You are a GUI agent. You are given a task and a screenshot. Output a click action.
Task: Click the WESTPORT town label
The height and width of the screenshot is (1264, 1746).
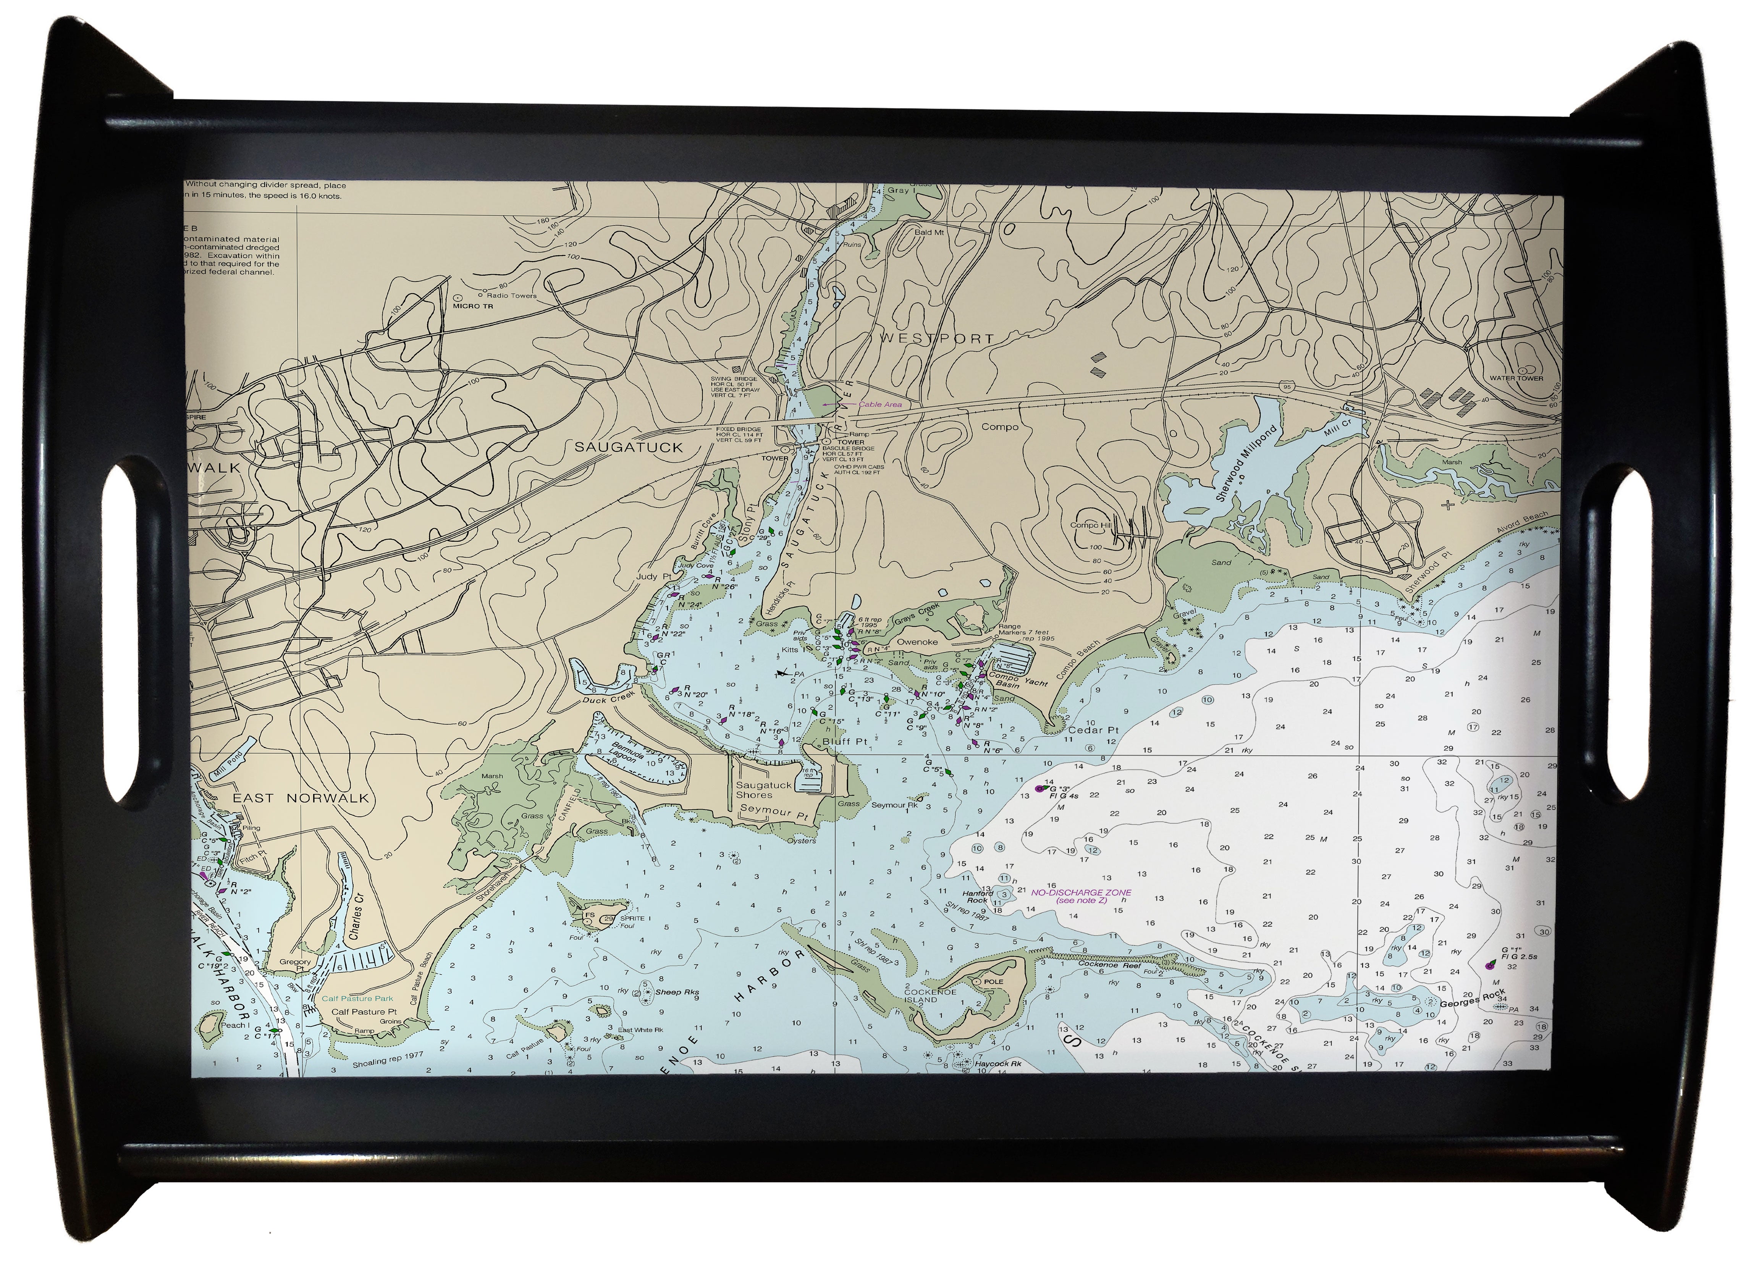[935, 338]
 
